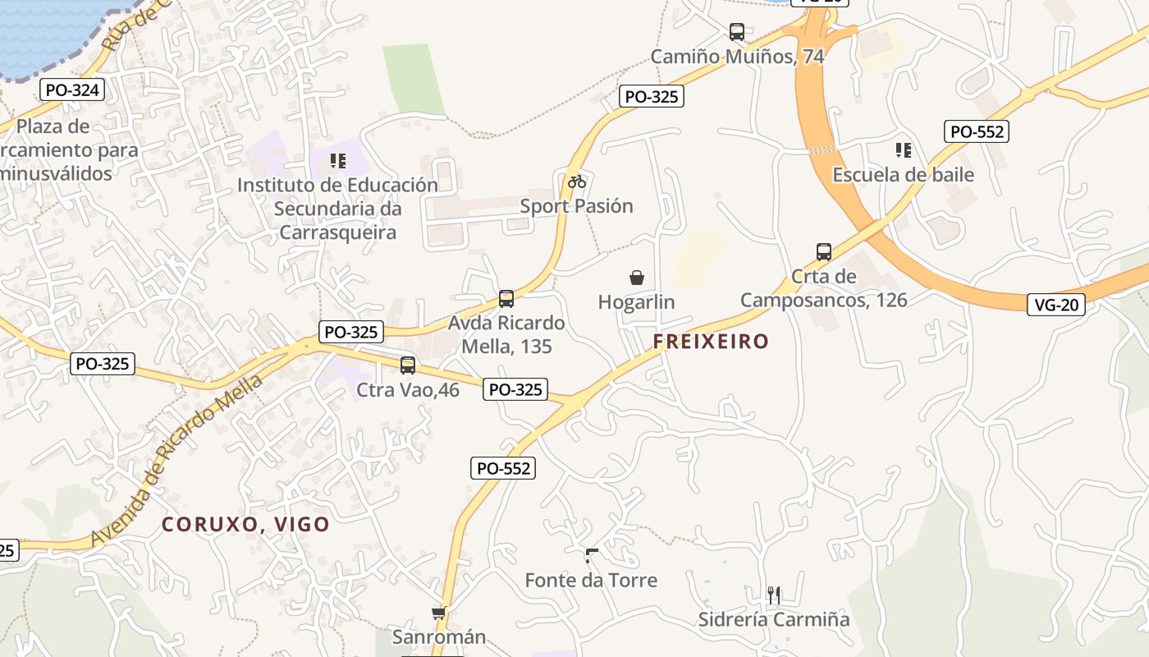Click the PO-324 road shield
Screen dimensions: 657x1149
tap(72, 90)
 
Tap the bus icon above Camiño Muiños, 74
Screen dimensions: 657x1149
tap(737, 32)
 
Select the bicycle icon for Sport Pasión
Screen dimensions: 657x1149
tap(577, 181)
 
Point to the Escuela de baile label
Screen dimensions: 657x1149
tap(903, 175)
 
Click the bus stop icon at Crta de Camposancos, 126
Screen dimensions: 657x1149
tap(824, 252)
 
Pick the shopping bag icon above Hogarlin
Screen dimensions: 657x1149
tap(637, 278)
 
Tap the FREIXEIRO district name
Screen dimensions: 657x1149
tap(712, 342)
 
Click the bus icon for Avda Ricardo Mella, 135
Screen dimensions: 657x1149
tap(506, 299)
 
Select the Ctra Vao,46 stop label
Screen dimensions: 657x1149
tap(408, 390)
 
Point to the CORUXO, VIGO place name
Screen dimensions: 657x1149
tap(245, 524)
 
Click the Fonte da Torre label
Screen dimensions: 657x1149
tap(591, 581)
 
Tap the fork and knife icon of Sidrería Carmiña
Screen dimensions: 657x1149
tap(773, 595)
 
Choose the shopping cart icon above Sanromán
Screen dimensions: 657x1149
tap(438, 613)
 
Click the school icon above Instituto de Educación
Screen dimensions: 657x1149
tap(338, 160)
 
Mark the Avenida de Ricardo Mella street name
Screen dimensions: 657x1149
tap(177, 460)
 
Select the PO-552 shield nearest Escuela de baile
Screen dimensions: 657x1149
tap(977, 131)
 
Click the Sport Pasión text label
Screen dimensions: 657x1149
tap(577, 206)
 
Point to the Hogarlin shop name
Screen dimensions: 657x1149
tap(636, 302)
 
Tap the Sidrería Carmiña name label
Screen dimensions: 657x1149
tap(773, 619)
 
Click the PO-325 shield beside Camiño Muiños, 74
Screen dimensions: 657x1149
tap(652, 96)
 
